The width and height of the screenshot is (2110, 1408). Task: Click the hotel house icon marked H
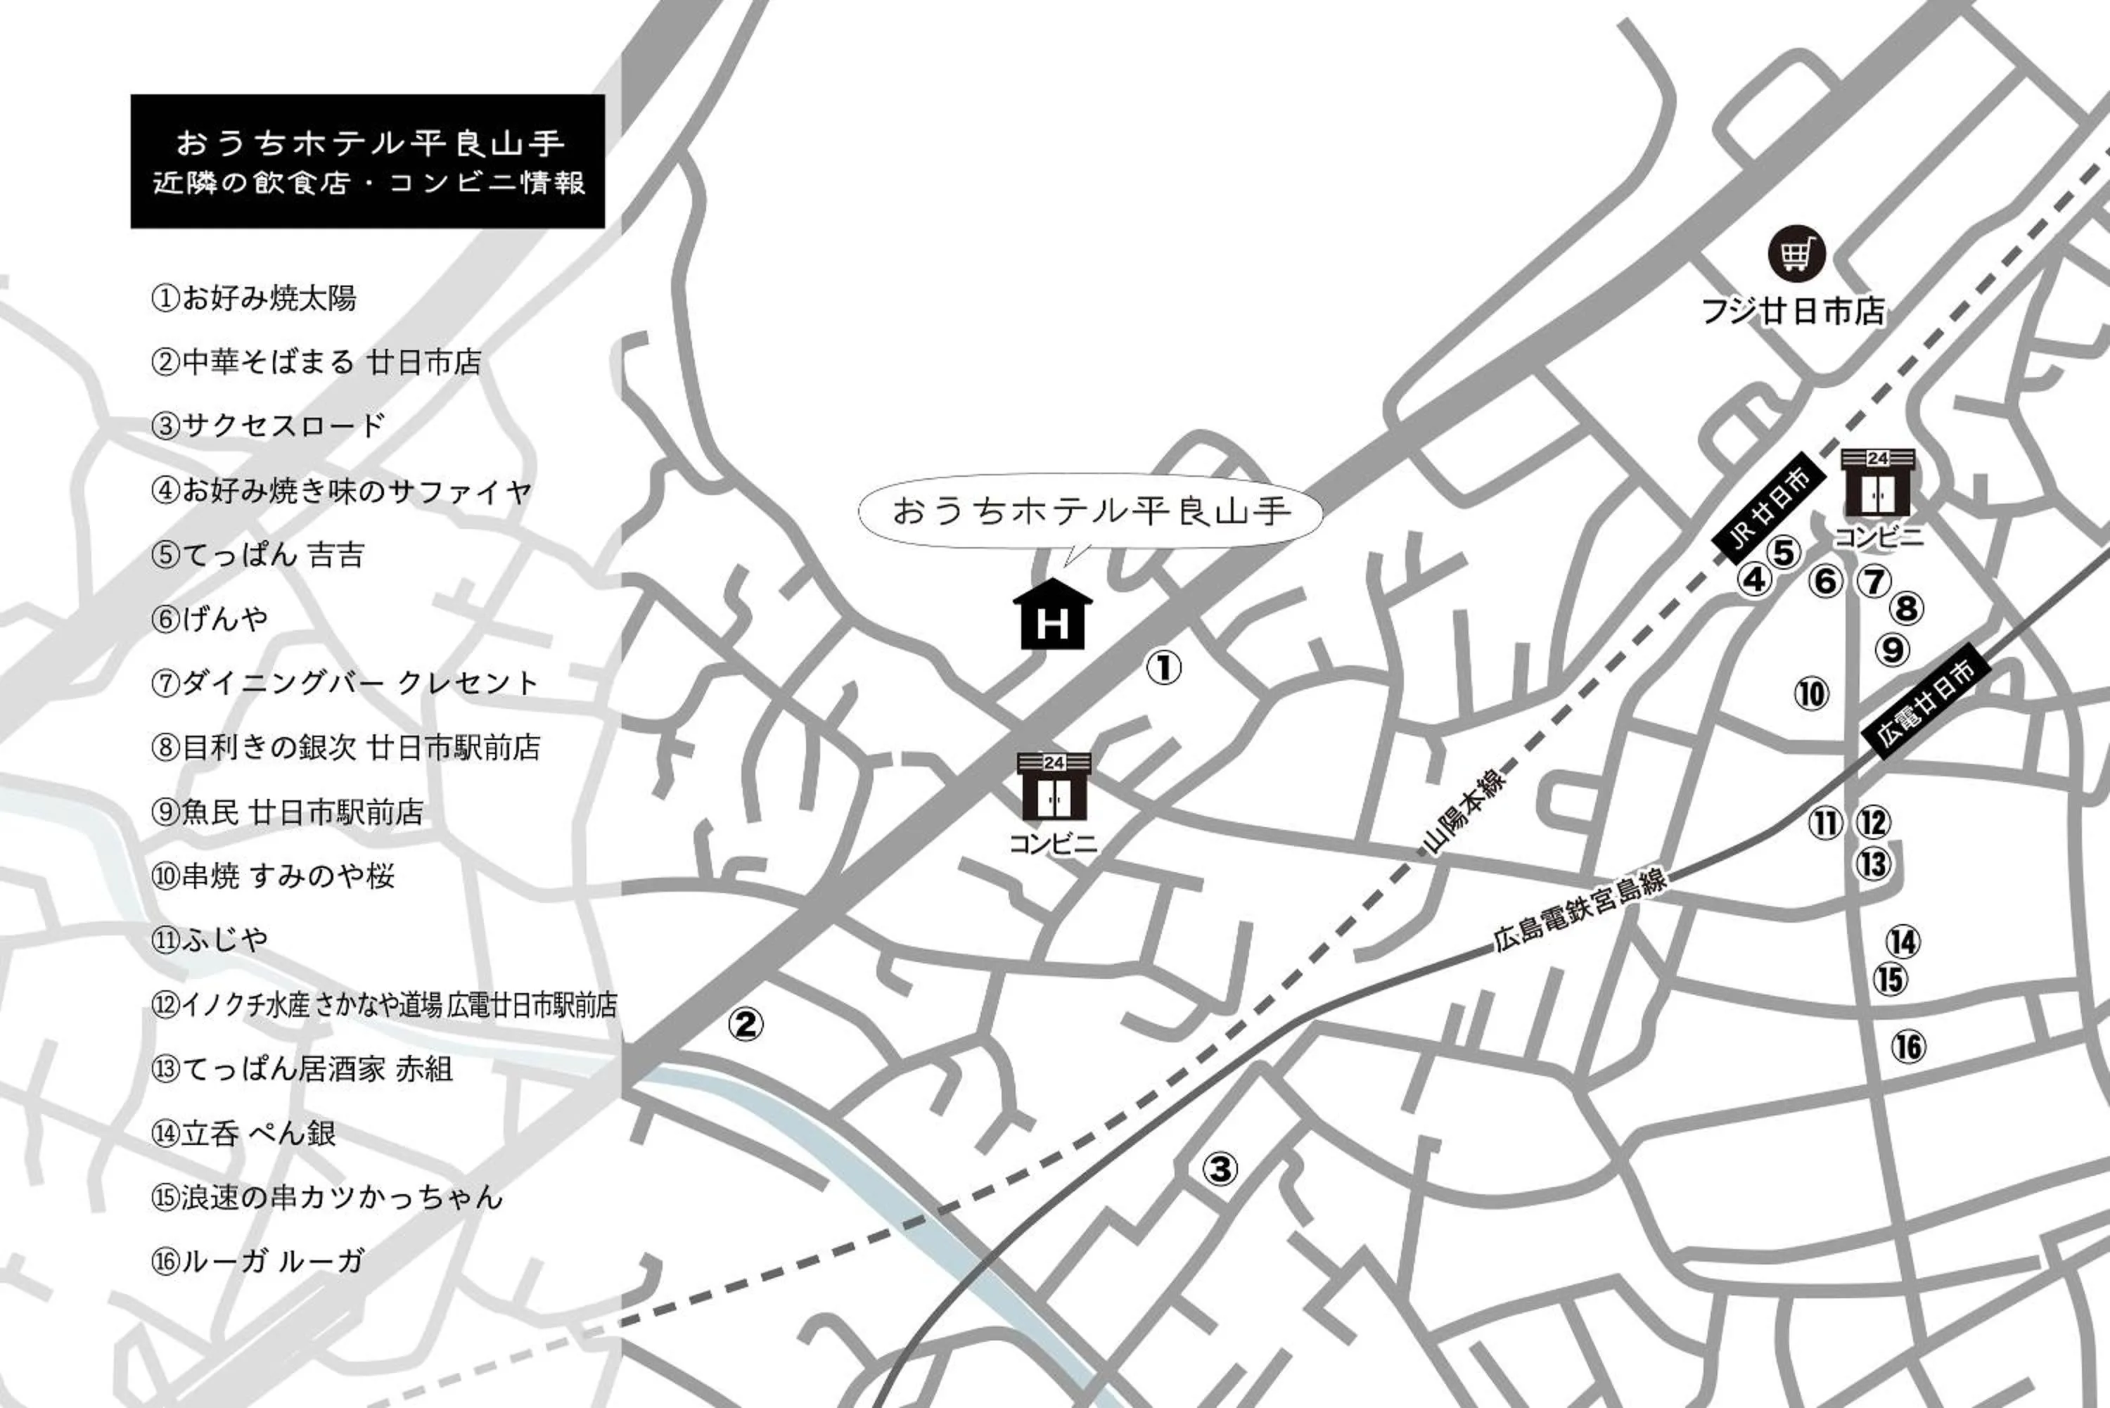[1052, 615]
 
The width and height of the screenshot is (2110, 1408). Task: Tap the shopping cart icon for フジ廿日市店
[1796, 253]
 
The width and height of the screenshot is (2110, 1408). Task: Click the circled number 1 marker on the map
[1165, 667]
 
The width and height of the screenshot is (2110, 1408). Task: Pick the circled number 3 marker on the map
[1220, 1168]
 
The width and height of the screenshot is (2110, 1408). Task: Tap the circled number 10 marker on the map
[1811, 693]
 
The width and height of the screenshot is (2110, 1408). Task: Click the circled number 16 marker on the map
[1908, 1046]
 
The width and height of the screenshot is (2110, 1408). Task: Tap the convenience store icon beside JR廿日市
[1877, 482]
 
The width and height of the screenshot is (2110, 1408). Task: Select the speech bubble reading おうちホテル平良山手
[1091, 511]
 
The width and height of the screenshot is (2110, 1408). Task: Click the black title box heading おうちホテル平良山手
[368, 162]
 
